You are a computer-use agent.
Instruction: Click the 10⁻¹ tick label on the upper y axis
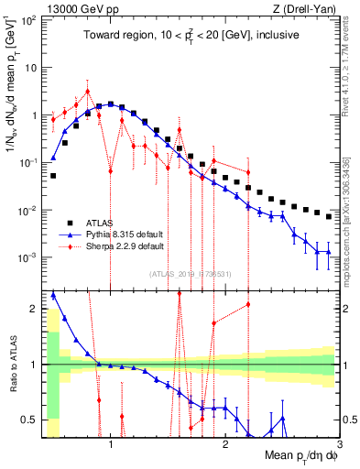coord(28,163)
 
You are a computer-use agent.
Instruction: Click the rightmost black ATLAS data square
coord(329,216)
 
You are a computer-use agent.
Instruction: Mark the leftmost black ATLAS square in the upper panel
coord(53,175)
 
